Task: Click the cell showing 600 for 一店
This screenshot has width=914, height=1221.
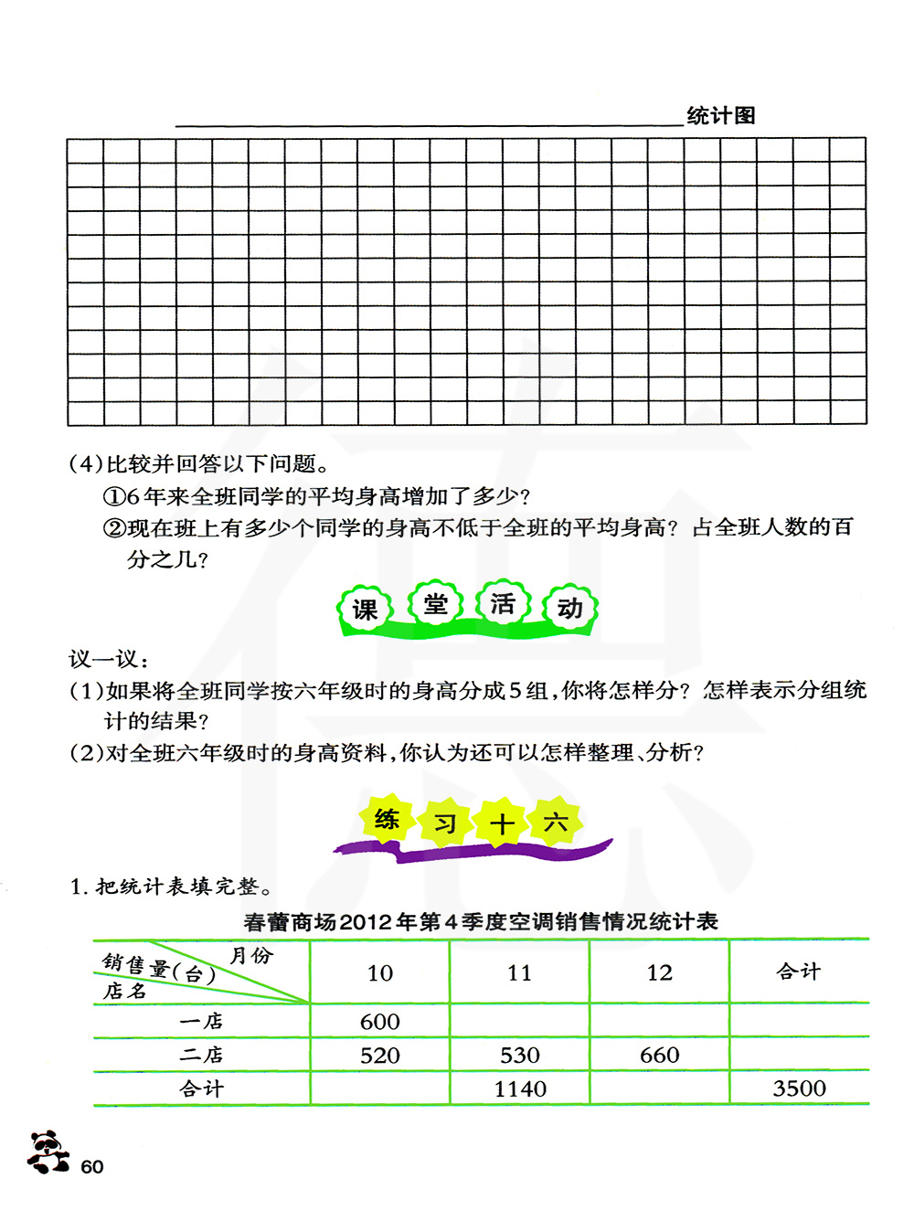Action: coord(380,1021)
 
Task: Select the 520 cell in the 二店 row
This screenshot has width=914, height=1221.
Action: coord(380,1056)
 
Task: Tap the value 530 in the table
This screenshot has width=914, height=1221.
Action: coord(520,1056)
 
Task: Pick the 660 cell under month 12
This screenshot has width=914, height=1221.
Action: coord(659,1056)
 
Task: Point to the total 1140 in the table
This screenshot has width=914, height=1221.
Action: coord(520,1088)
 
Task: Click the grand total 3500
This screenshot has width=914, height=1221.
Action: coord(799,1088)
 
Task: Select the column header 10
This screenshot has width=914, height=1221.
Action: coord(380,972)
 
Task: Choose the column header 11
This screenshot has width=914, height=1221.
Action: coord(520,972)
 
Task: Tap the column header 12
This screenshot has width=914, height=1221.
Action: coord(659,972)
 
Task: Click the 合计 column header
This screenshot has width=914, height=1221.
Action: coord(799,971)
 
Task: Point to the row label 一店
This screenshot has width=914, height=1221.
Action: coord(201,1021)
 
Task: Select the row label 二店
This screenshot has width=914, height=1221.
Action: coord(201,1056)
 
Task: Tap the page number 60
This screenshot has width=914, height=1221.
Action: coord(92,1167)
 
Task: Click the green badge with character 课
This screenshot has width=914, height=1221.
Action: coord(365,609)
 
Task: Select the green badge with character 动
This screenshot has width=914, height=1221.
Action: coord(570,608)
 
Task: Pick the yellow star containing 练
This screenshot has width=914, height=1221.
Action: coord(387,819)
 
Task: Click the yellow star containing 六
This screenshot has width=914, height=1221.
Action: coord(556,823)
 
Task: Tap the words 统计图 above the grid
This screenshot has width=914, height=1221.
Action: coord(721,116)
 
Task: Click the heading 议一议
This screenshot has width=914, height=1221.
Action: coord(108,658)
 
